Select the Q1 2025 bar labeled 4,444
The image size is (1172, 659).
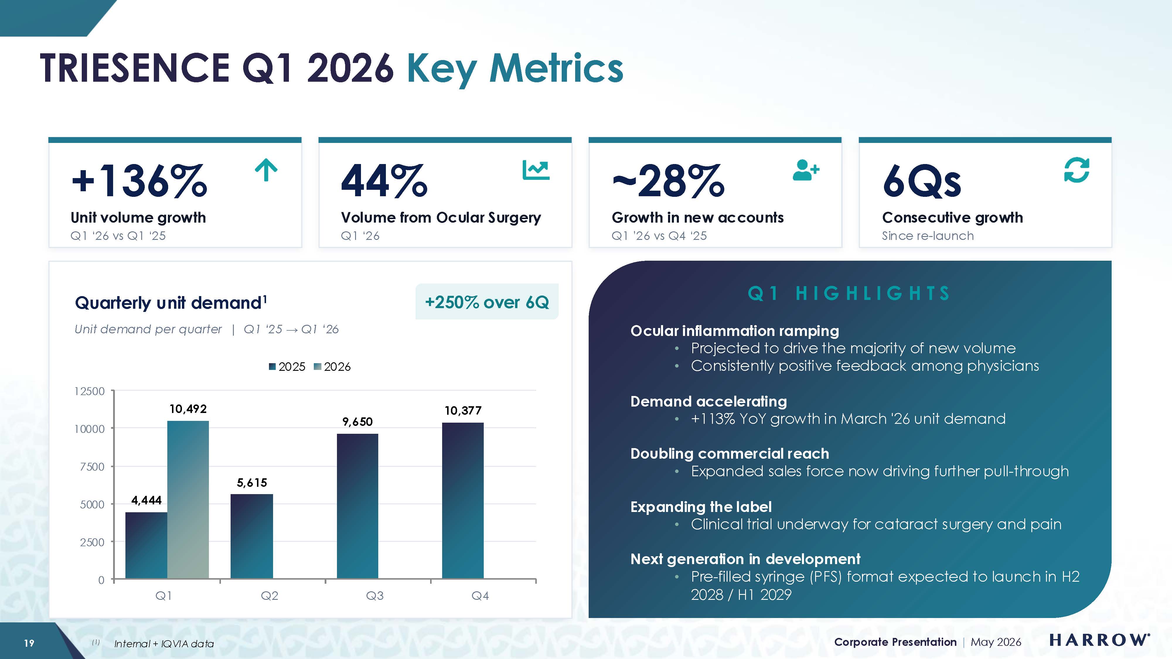(x=146, y=545)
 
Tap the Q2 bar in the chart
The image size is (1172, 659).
(x=252, y=537)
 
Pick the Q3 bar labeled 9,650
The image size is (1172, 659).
(x=357, y=506)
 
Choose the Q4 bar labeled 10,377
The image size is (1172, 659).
(x=463, y=501)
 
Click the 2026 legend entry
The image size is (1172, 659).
(x=332, y=367)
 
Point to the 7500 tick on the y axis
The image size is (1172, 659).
(x=92, y=467)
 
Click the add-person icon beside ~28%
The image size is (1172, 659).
(x=806, y=170)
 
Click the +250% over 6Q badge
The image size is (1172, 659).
(x=487, y=302)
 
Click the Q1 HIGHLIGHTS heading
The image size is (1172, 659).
(x=849, y=293)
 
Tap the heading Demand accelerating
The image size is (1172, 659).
(x=708, y=402)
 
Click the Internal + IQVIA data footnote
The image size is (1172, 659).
(x=164, y=643)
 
